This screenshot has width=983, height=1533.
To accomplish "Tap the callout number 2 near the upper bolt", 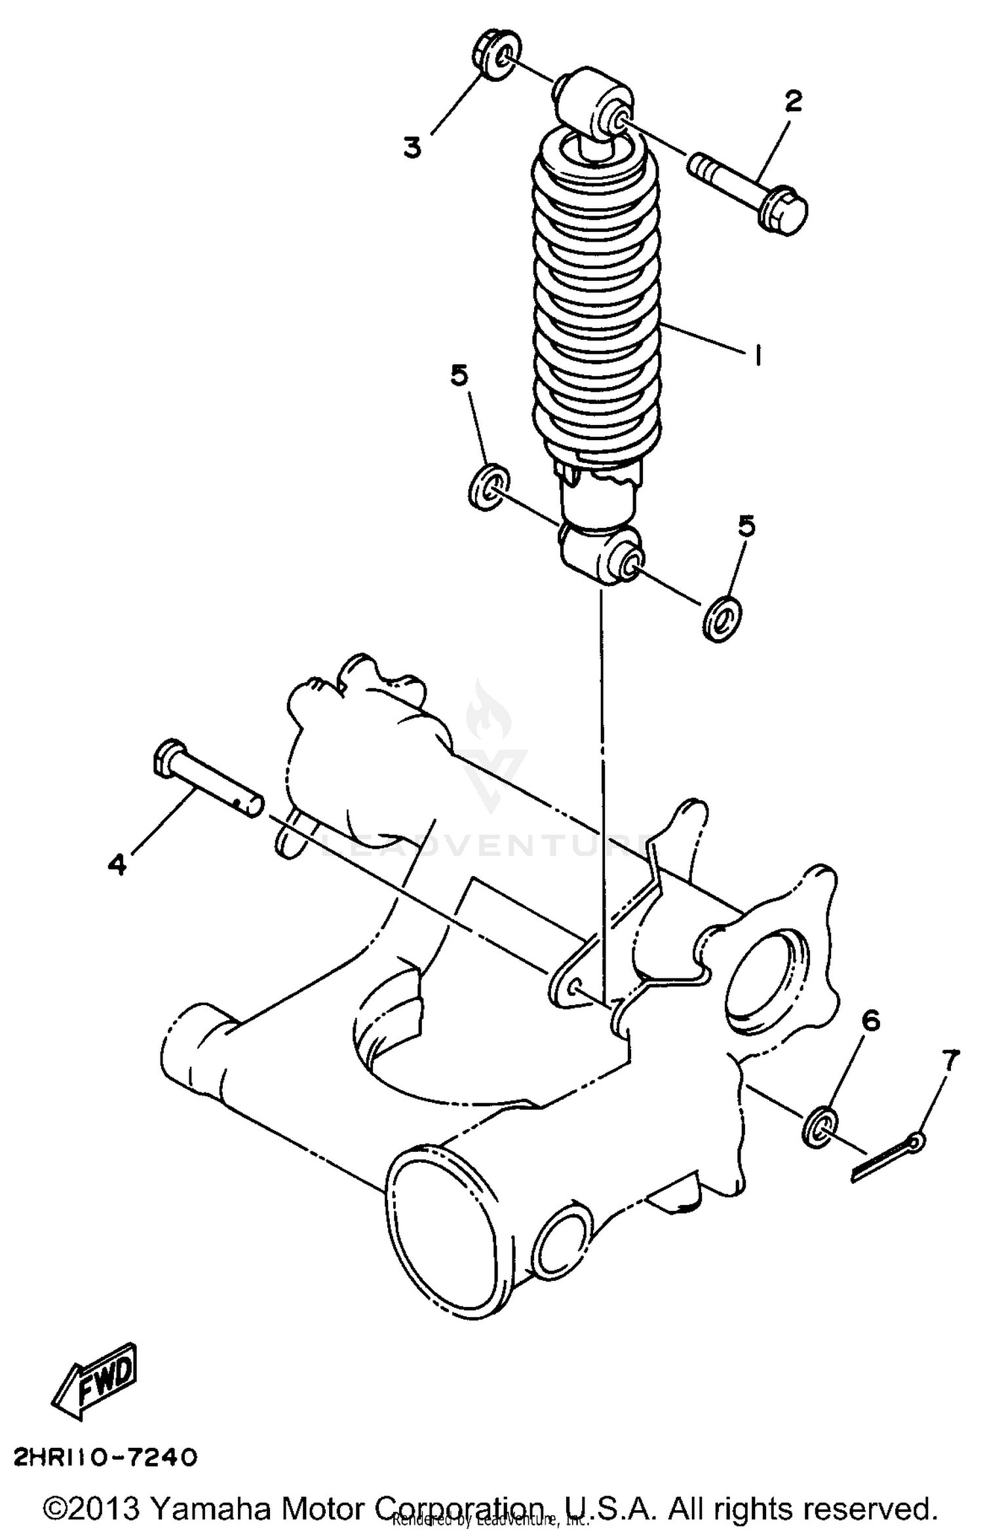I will (792, 102).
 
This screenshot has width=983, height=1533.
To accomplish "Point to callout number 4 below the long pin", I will (117, 865).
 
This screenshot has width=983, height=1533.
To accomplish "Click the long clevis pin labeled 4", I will (207, 779).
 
